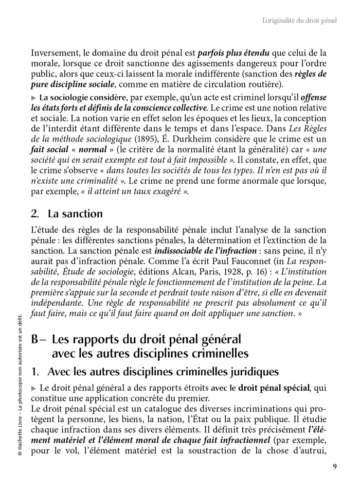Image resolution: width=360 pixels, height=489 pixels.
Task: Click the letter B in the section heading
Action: point(35,340)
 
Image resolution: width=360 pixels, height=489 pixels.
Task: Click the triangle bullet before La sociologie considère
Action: point(34,97)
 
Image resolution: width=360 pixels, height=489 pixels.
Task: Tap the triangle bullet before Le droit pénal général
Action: point(34,388)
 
